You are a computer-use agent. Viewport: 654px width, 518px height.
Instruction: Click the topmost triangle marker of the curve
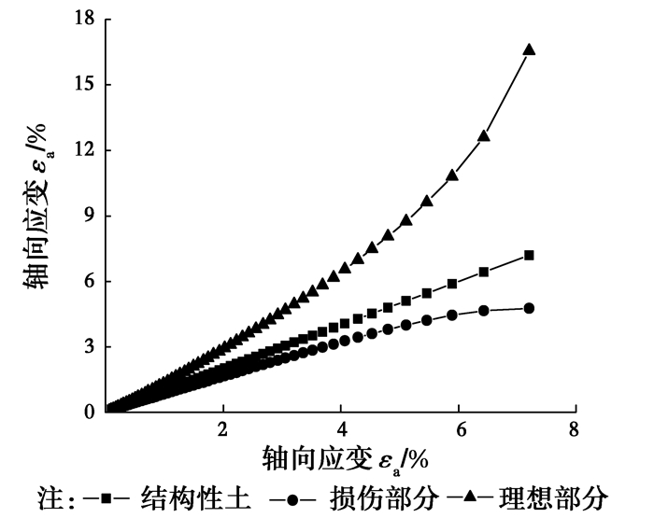pos(529,49)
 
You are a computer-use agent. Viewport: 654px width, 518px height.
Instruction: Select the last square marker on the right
pos(529,255)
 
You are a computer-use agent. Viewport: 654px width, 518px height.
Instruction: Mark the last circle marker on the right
pos(529,308)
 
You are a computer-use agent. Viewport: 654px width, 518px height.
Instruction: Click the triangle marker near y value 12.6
pos(484,136)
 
